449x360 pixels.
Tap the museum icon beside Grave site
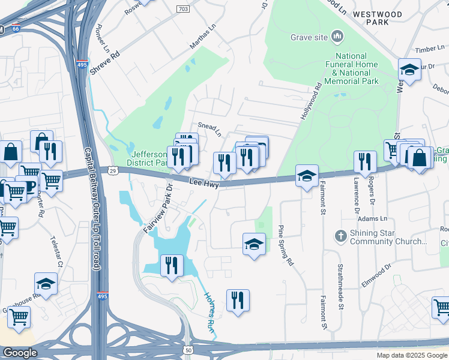point(337,37)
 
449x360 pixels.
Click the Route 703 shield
point(184,9)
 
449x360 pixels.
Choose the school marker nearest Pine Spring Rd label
point(254,244)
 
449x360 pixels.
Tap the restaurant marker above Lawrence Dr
point(364,161)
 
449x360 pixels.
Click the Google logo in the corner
point(20,353)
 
